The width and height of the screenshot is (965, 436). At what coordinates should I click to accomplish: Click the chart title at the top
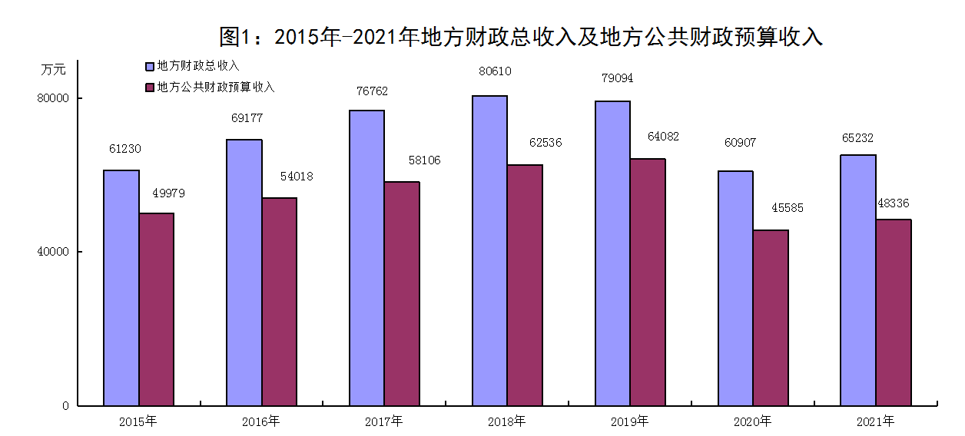(x=521, y=37)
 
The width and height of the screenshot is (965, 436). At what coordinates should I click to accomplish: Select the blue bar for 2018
(x=489, y=250)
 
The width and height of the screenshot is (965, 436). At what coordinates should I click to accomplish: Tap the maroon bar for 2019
(x=648, y=282)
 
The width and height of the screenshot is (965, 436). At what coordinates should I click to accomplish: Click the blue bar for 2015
(x=121, y=288)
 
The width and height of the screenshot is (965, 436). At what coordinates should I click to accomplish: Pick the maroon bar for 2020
(x=771, y=318)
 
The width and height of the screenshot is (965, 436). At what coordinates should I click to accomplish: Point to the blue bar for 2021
(x=858, y=280)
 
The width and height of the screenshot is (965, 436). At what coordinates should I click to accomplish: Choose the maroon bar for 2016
(x=279, y=302)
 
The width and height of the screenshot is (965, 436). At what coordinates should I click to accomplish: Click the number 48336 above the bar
(x=894, y=203)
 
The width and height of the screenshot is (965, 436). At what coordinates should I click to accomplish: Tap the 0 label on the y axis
(x=66, y=405)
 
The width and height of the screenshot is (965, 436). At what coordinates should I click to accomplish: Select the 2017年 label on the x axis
(x=384, y=421)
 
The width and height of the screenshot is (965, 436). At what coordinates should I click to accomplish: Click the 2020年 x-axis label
(x=753, y=421)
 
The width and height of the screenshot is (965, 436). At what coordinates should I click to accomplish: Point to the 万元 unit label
(x=54, y=69)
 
